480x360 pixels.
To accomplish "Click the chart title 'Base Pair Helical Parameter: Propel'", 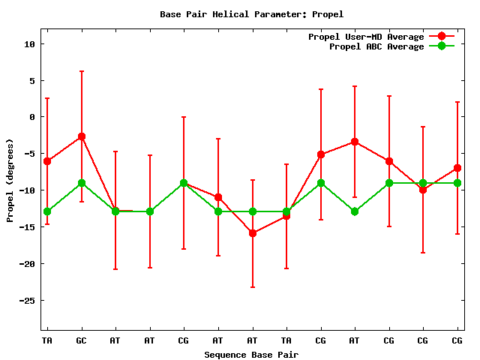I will click(251, 13).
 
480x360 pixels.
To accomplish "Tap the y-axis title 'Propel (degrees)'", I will click(10, 180).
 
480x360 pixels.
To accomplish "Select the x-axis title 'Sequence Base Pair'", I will click(251, 354).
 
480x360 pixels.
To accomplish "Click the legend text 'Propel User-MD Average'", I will click(366, 37).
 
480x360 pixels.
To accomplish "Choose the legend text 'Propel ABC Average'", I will click(376, 46).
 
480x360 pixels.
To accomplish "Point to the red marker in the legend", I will click(442, 37).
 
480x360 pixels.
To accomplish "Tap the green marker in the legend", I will click(442, 46).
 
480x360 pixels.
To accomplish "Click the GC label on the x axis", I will click(81, 340).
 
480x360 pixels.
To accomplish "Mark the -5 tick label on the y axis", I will click(29, 154).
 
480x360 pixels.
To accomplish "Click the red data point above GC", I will click(81, 136).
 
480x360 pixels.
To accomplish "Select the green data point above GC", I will click(81, 183).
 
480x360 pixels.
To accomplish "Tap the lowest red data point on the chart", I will click(252, 233).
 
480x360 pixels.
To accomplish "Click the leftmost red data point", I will click(47, 161).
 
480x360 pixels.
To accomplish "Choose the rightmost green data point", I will click(457, 183).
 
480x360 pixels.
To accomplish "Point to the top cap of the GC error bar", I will click(81, 71).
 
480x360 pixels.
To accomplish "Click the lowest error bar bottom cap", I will click(252, 287).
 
